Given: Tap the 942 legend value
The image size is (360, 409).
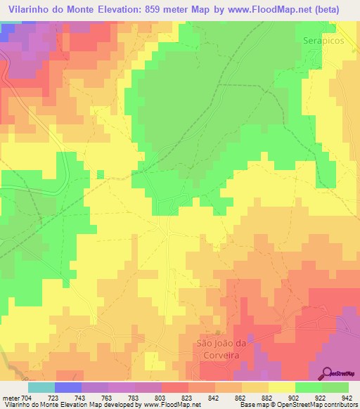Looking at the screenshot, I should point(345,398).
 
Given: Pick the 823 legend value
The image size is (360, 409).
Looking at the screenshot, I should point(186,398).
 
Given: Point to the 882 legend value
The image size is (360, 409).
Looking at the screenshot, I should point(266,398).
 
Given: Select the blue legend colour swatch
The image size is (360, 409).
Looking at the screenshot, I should point(67,387).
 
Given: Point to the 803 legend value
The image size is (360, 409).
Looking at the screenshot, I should point(160,398).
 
